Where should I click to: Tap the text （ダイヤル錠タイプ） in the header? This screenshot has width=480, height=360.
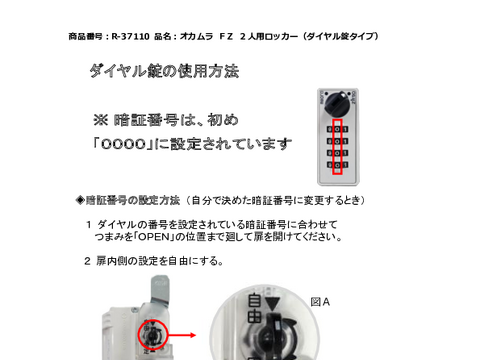pyautogui.click(x=335, y=36)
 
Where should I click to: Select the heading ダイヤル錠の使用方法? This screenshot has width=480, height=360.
pyautogui.click(x=164, y=72)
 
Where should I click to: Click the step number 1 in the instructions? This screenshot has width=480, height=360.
pyautogui.click(x=88, y=225)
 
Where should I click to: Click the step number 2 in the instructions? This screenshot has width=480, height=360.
pyautogui.click(x=88, y=262)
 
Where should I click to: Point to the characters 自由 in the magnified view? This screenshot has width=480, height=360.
pyautogui.click(x=256, y=308)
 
